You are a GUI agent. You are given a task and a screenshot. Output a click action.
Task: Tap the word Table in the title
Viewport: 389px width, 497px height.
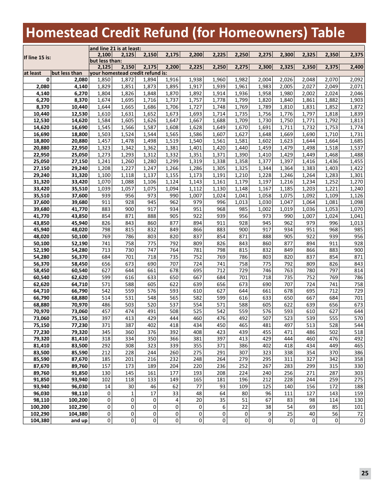(x=328, y=33)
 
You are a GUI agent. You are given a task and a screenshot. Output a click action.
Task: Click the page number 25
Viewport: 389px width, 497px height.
(x=365, y=473)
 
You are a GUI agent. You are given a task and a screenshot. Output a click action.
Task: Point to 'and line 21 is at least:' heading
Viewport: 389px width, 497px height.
(x=115, y=48)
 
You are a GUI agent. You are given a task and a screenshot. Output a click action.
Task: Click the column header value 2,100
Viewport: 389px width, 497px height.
(x=104, y=54)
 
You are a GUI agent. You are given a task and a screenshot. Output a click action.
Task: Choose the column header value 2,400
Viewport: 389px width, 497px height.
(x=357, y=67)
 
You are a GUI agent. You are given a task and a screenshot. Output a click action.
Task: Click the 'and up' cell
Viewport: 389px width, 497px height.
(x=79, y=421)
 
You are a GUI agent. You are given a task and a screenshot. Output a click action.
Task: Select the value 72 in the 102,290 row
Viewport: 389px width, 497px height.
(x=360, y=414)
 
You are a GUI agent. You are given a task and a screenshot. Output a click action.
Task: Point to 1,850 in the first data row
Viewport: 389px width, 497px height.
(x=104, y=80)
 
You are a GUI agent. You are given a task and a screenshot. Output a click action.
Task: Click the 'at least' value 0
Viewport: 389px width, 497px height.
(x=47, y=80)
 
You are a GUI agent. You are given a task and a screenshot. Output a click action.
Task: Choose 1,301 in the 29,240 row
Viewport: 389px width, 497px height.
(x=357, y=175)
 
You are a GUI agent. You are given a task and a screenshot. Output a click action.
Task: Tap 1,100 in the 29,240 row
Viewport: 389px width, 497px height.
(x=104, y=175)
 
